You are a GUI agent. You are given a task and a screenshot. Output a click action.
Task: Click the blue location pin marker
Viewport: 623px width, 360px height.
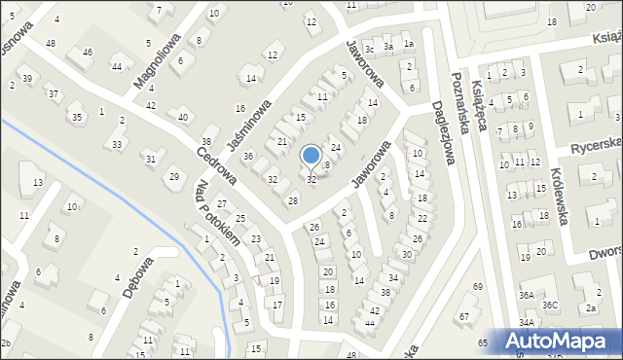point(311,157)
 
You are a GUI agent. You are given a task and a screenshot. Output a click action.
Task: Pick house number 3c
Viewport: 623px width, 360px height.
point(369,50)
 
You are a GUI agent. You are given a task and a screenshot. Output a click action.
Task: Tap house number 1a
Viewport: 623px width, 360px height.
point(409,44)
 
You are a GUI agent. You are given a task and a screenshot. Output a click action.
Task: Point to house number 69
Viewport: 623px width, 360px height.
point(477,286)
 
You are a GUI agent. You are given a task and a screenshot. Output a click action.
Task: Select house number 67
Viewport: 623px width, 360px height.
point(463,316)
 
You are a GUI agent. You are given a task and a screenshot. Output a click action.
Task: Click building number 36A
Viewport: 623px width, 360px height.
point(526,295)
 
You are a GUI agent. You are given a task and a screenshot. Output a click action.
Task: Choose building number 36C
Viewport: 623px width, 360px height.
point(551,305)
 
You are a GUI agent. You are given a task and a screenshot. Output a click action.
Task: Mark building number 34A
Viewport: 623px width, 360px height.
point(526,322)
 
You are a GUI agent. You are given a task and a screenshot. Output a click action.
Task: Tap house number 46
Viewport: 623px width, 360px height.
point(88,52)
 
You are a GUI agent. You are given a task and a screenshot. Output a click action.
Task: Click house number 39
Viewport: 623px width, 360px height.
point(27,78)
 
